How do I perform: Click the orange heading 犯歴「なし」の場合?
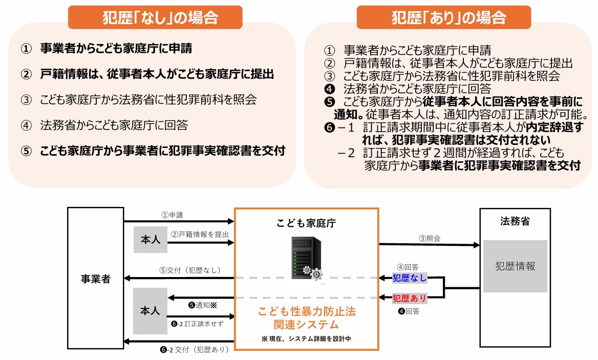click(x=155, y=17)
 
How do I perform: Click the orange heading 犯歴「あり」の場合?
click(x=444, y=17)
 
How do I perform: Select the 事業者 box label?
click(x=95, y=279)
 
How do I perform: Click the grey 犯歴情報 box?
click(x=515, y=266)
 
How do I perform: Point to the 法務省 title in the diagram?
click(x=515, y=221)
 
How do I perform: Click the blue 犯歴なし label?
click(x=410, y=278)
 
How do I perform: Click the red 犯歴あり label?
click(x=410, y=298)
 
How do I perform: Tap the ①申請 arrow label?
click(x=172, y=215)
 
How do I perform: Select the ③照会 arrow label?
click(x=430, y=239)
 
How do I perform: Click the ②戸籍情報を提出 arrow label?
click(x=200, y=235)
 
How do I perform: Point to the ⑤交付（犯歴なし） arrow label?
click(x=190, y=270)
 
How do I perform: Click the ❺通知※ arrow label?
click(x=203, y=305)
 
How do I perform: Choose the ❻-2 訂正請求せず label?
click(x=197, y=324)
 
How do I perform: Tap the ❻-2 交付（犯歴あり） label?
click(x=194, y=349)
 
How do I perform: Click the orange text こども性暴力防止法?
click(x=307, y=311)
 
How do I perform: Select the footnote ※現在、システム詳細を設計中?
click(x=306, y=338)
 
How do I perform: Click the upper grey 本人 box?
click(x=150, y=240)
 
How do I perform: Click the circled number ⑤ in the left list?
click(x=26, y=151)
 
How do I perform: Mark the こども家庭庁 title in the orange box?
click(x=306, y=223)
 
